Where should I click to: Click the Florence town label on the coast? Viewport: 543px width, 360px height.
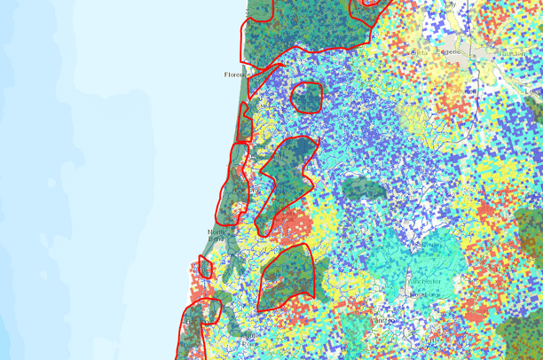point(234,74)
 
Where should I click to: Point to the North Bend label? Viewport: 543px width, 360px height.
point(218,236)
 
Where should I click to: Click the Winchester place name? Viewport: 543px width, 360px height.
point(425,281)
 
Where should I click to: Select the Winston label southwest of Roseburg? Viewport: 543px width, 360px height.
point(383,319)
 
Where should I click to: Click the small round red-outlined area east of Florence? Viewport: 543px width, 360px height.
point(307,96)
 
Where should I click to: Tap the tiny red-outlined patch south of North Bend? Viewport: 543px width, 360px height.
point(205,266)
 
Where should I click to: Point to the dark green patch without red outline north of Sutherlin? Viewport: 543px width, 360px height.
point(362,188)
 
